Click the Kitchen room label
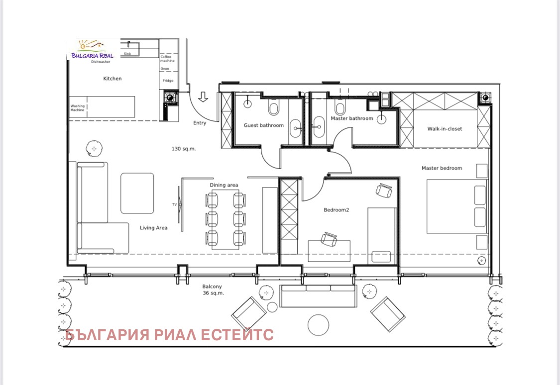112,79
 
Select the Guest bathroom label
263,125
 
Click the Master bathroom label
352,118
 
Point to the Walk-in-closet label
445,129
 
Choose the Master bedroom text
442,168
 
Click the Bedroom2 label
336,210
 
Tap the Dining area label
224,185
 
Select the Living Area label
153,228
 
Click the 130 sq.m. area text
184,149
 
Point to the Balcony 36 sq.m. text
213,290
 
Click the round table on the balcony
319,325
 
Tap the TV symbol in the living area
175,204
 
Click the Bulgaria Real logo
93,49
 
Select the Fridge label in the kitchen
167,81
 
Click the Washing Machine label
77,108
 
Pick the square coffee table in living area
137,193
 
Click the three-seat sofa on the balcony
318,295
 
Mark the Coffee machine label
167,59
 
